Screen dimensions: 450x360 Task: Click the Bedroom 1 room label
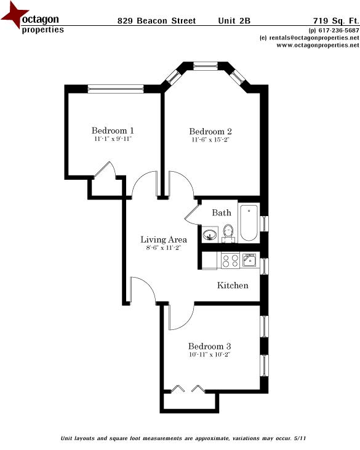point(113,131)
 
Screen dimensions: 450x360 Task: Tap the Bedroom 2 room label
point(210,131)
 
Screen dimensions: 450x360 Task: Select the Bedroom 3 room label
point(209,345)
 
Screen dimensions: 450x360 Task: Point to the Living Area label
point(164,239)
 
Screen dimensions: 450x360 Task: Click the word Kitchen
point(233,286)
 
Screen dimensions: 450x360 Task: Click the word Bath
point(222,213)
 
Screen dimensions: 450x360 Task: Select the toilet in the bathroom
point(228,233)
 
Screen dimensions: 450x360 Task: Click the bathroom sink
point(210,235)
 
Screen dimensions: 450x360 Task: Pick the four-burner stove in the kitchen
point(230,261)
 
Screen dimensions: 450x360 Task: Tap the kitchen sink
point(249,260)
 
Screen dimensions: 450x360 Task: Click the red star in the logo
point(14,17)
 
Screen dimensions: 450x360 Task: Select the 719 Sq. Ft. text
point(337,21)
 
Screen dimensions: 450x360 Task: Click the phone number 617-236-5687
point(337,31)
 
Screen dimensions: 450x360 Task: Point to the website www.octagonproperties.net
point(314,45)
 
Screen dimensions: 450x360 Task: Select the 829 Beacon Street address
point(156,21)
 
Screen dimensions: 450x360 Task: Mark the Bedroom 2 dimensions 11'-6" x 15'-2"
point(210,140)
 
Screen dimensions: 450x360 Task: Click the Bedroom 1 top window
point(115,89)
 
